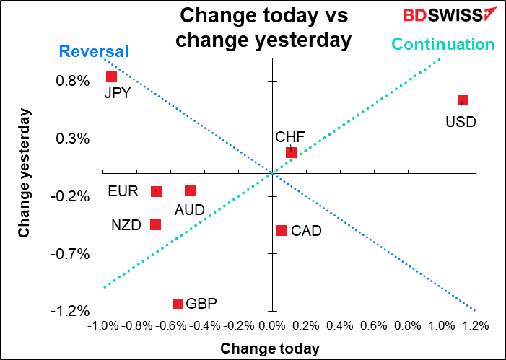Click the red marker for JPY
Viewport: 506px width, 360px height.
coord(111,76)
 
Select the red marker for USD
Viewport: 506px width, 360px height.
coord(463,100)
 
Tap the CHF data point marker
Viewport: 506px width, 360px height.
coord(291,152)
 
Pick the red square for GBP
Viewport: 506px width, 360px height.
coord(178,304)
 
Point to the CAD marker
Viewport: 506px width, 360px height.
coord(282,230)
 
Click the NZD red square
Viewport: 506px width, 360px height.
coord(155,224)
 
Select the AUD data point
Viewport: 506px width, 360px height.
coord(190,190)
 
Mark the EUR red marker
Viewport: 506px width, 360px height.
coord(156,191)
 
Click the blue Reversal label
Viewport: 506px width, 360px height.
coord(93,51)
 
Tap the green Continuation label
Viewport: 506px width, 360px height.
coord(442,44)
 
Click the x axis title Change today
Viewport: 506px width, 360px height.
coord(270,348)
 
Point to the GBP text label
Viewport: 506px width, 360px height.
coord(201,304)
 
